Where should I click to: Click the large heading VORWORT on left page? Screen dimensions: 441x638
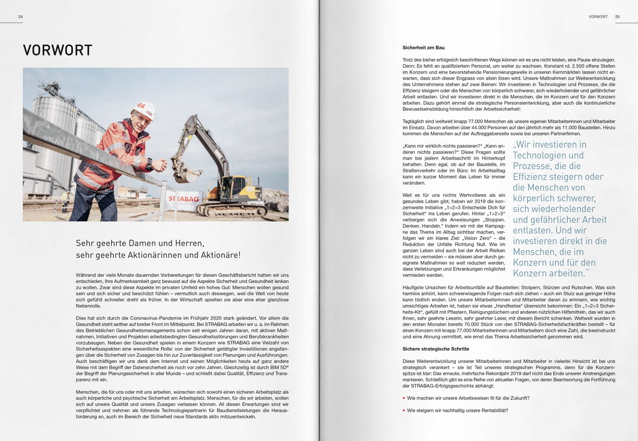click(57, 51)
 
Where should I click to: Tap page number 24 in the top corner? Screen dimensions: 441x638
click(20, 16)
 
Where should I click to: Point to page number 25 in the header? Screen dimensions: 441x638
click(617, 16)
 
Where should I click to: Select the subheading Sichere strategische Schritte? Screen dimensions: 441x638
click(436, 348)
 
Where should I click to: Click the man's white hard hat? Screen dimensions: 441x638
click(145, 110)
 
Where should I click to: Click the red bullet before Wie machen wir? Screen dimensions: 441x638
click(404, 398)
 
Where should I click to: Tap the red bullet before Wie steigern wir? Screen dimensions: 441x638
click(404, 410)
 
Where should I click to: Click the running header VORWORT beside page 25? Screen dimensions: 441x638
click(598, 16)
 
